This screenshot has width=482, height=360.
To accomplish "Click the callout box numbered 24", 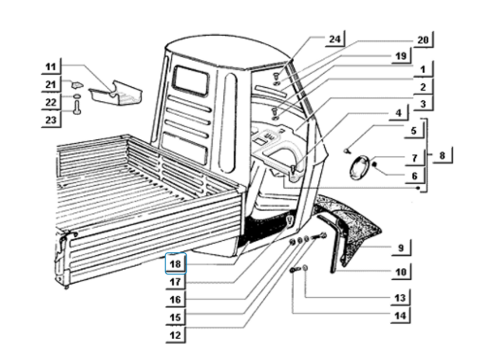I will point(334,39).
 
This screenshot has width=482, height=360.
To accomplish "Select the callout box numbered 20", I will point(423,39).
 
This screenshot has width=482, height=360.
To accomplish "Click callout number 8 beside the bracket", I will point(441,156).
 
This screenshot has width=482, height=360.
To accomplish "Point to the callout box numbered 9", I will point(400,248).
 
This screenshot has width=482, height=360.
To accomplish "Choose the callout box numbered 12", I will point(176,335).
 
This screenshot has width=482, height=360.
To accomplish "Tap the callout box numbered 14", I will point(400,316).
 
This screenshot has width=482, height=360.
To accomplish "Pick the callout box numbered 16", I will point(176,299).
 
